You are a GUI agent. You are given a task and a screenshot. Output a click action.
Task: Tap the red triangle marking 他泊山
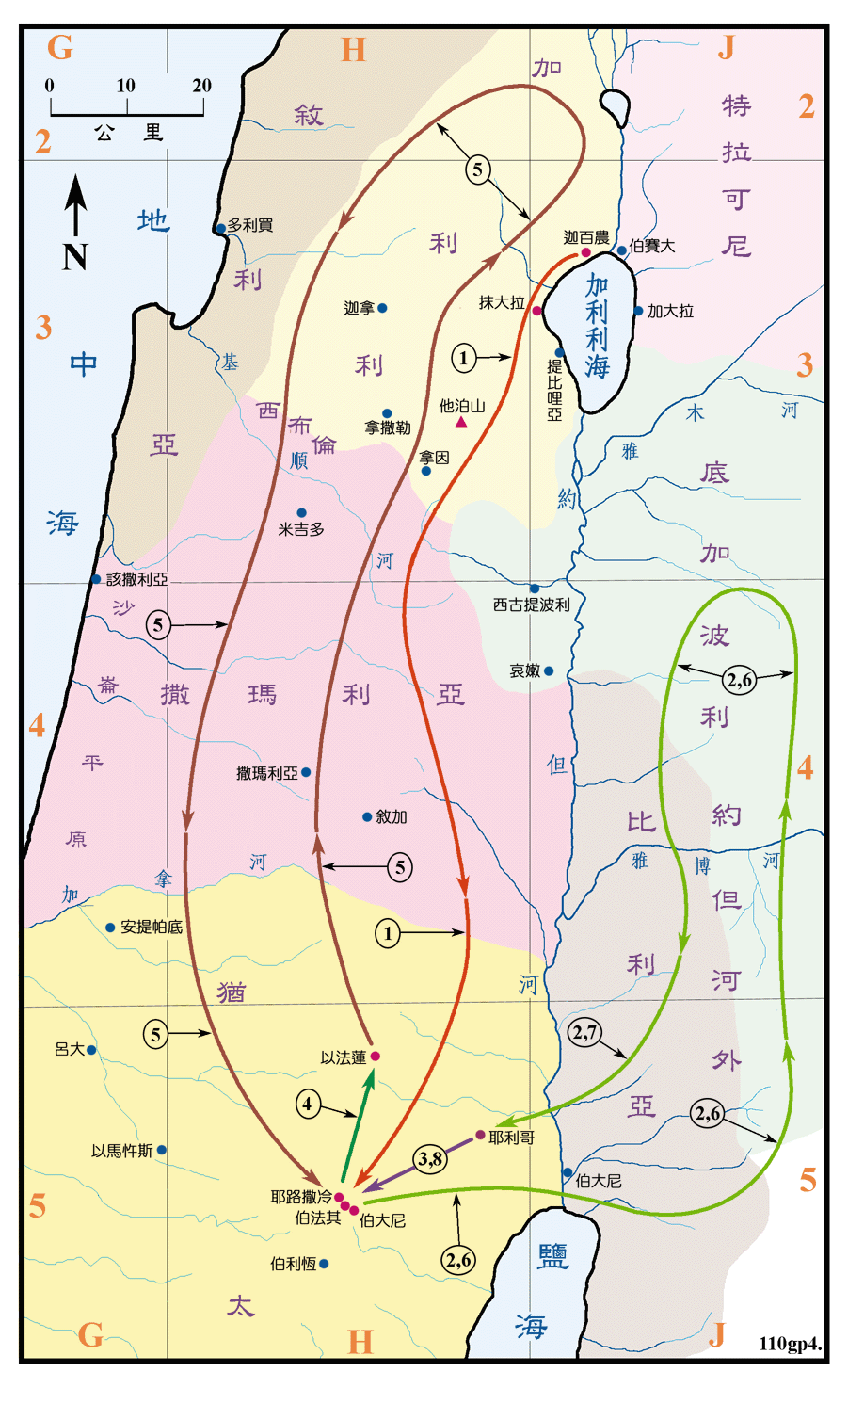point(461,422)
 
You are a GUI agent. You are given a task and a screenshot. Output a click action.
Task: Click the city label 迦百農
point(585,237)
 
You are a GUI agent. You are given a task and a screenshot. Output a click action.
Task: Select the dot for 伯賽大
point(622,250)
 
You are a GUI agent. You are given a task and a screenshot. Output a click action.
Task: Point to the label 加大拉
point(670,311)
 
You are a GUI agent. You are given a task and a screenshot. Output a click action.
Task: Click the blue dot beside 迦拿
point(382,308)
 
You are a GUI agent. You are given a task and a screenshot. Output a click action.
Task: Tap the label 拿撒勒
point(388,428)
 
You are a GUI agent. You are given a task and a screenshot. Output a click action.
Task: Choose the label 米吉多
point(301,529)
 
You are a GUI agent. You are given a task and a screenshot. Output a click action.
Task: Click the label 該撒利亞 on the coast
point(136,579)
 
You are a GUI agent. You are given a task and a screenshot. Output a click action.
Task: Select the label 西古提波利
point(532,605)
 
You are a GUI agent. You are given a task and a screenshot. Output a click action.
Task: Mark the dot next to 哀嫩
point(549,671)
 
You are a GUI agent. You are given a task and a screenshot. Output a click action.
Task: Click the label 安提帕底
point(151,927)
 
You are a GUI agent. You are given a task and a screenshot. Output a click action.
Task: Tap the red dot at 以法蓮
point(375,1057)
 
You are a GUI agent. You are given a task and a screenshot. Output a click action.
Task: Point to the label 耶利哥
point(511,1138)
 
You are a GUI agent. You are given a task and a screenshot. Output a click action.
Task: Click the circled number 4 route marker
point(308,1103)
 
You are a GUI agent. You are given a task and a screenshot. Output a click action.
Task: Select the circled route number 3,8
point(430,1158)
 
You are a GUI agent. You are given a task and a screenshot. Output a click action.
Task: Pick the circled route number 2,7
point(585,1032)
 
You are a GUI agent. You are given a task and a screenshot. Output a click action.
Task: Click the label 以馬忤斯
point(121,1151)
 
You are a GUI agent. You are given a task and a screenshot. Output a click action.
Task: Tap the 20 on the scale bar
point(201,86)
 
